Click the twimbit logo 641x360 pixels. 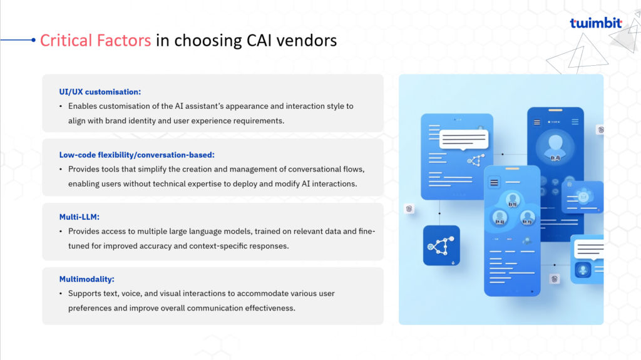596,23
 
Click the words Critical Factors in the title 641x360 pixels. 95,41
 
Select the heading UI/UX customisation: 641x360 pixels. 100,92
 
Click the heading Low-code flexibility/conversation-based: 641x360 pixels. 136,155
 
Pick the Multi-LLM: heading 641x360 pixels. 79,217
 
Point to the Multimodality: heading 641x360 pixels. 86,279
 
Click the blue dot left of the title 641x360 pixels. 33,39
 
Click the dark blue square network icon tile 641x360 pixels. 441,245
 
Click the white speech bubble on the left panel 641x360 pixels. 464,140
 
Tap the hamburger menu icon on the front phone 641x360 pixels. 494,182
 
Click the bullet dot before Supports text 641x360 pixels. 61,294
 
